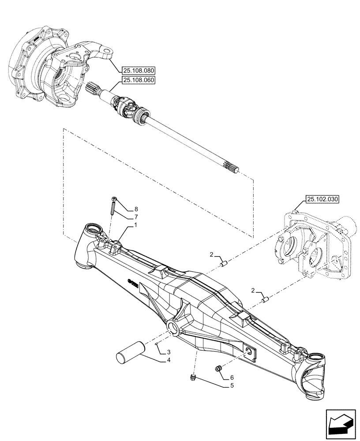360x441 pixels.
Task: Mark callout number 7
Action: pos(136,217)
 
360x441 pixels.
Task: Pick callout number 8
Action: pos(136,209)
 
